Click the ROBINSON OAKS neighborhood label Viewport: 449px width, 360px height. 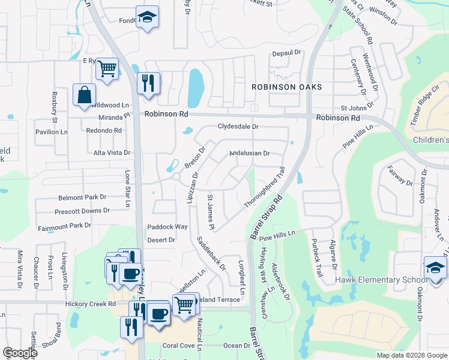click(x=287, y=87)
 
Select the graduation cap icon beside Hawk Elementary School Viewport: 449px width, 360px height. click(x=435, y=268)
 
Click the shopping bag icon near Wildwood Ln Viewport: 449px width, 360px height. click(x=84, y=94)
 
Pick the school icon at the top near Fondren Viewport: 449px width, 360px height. click(x=146, y=17)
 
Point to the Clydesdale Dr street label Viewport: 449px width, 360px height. click(x=238, y=127)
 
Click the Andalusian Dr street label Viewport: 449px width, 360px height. click(x=250, y=153)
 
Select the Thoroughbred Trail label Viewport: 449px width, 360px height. click(x=264, y=188)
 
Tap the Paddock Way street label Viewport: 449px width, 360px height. click(x=168, y=227)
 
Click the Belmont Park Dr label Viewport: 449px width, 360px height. click(x=82, y=197)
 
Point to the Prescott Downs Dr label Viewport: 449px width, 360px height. click(x=82, y=211)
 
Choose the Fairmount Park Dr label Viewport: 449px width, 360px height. click(x=64, y=226)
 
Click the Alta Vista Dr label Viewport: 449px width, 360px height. click(x=112, y=153)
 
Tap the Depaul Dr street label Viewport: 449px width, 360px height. click(x=286, y=53)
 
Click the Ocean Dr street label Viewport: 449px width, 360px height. click(x=236, y=346)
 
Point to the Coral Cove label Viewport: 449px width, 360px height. click(x=178, y=346)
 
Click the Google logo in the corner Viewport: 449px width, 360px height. click(x=20, y=353)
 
